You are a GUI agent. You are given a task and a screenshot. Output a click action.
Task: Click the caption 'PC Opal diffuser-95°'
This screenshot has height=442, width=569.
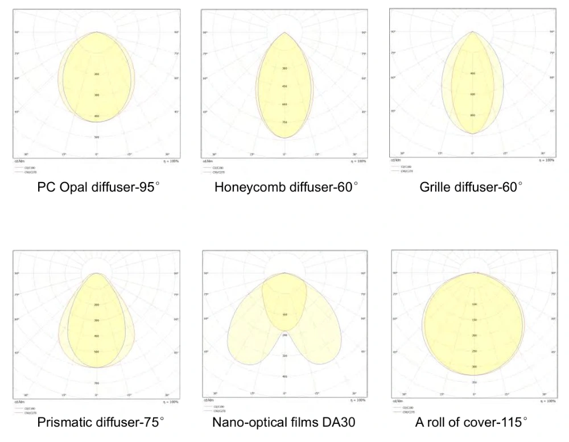(x=96, y=187)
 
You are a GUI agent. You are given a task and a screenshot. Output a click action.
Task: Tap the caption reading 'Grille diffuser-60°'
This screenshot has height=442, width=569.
(x=471, y=187)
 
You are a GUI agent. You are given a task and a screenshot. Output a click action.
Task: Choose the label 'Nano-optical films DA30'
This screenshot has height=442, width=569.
(x=284, y=422)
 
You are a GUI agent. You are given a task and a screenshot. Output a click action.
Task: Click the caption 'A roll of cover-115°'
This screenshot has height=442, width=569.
(x=471, y=422)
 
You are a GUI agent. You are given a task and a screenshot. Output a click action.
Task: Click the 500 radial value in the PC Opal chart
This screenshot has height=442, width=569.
(x=97, y=137)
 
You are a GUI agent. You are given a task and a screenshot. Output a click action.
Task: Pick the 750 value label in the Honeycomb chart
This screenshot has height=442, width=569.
(x=284, y=122)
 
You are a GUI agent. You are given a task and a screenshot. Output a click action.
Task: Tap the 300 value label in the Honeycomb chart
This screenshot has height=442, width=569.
(x=284, y=68)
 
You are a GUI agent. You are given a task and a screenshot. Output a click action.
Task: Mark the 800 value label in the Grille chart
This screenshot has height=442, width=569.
(x=472, y=115)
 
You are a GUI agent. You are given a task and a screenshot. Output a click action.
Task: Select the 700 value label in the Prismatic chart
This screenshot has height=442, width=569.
(x=97, y=383)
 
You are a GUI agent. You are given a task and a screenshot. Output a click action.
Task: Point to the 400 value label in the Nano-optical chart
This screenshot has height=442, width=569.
(x=284, y=377)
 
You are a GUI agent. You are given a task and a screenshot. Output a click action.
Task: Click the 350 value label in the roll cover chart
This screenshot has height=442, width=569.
(x=474, y=382)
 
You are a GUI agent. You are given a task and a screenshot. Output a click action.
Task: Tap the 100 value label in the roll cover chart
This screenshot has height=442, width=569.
(x=474, y=304)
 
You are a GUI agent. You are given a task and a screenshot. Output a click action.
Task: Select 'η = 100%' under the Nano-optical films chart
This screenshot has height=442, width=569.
(x=358, y=400)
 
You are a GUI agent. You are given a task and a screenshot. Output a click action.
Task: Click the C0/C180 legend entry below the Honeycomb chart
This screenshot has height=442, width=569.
(x=218, y=168)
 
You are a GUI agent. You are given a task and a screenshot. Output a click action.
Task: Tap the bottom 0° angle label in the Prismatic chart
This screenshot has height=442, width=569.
(x=97, y=395)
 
